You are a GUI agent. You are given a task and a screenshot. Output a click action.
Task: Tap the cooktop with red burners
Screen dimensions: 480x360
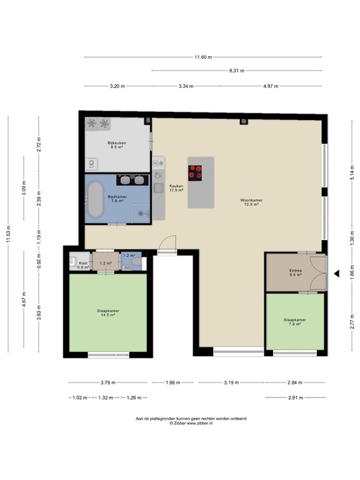coord(196,172)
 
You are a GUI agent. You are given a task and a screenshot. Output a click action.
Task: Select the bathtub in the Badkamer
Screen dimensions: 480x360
coord(96,199)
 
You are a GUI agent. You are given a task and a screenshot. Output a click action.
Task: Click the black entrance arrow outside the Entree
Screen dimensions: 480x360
coord(336,273)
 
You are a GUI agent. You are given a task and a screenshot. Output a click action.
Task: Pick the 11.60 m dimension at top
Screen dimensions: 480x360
coord(203,57)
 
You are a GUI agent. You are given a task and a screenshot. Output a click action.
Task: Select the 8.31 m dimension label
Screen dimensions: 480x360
coord(236,71)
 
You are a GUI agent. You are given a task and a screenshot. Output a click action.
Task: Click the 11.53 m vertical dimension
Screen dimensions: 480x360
coord(8,236)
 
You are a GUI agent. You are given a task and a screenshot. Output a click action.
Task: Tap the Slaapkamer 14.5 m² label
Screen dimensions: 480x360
coord(108,312)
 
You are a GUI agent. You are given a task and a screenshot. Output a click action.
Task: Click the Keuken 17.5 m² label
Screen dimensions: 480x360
coord(176,187)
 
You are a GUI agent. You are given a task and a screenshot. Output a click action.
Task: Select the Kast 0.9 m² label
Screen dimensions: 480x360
coord(83,265)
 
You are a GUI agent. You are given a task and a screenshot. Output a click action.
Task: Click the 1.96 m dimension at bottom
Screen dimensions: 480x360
coord(172,383)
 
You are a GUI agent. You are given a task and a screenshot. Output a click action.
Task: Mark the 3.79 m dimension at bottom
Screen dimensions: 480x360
coord(106,383)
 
